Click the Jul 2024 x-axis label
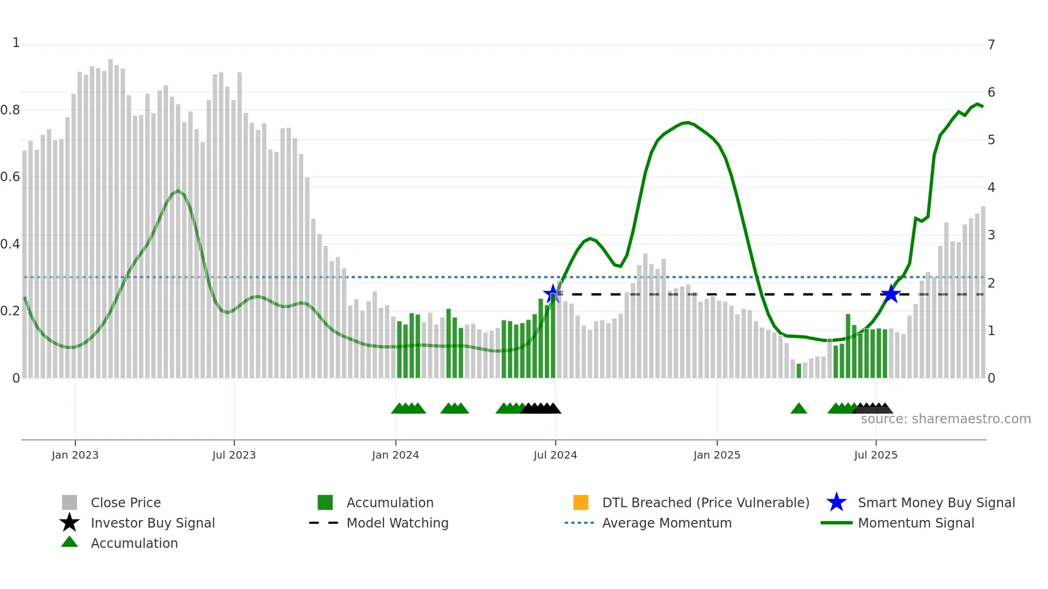(x=555, y=455)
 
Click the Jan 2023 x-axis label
(x=75, y=455)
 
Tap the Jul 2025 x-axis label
(x=875, y=455)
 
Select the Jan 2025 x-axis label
(x=716, y=455)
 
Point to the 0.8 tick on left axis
(x=10, y=110)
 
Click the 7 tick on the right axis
(x=991, y=45)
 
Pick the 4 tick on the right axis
(x=991, y=188)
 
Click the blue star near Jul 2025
(x=891, y=294)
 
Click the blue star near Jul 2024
(x=552, y=293)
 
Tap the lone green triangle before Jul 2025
(x=798, y=409)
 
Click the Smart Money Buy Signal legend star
(x=836, y=502)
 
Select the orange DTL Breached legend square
(x=581, y=502)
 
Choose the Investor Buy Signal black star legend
(x=70, y=523)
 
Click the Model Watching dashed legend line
(x=324, y=523)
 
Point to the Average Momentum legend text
(x=667, y=523)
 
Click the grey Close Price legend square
(x=70, y=502)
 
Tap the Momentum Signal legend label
(x=916, y=523)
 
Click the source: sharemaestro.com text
(x=945, y=419)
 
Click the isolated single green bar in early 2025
(x=799, y=371)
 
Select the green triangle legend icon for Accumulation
(x=70, y=542)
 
